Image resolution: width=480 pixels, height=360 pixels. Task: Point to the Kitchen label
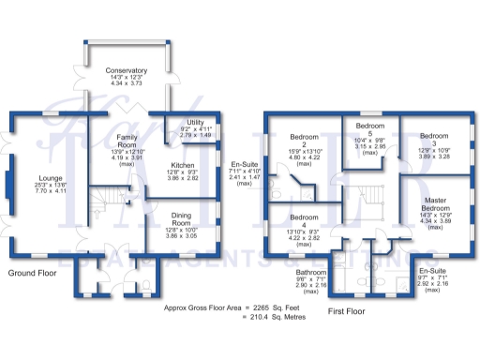point(183,162)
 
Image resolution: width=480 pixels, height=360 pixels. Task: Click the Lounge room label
point(50,177)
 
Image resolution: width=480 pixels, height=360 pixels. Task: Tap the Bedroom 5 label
point(370,130)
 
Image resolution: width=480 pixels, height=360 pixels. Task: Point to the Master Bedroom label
point(434,201)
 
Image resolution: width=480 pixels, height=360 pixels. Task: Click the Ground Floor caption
point(33,273)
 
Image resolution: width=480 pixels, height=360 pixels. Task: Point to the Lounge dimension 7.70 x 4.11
point(50,192)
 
